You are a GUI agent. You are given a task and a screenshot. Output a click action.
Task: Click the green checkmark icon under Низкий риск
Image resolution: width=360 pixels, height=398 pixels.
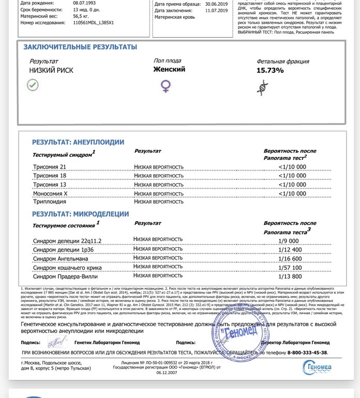[33, 84]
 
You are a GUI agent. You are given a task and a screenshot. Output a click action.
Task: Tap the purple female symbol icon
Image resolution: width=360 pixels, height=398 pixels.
[166, 86]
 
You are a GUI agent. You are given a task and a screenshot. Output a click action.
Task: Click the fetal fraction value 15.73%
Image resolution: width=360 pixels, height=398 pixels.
[270, 70]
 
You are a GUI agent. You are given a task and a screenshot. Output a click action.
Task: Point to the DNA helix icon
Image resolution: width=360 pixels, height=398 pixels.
[264, 87]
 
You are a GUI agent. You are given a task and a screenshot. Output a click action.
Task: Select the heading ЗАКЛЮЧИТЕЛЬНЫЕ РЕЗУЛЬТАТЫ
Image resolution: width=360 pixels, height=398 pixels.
[80, 47]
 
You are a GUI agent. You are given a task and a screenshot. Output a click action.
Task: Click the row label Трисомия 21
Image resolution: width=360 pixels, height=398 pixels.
[50, 166]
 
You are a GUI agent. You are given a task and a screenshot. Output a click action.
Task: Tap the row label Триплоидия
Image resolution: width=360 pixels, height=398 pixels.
[49, 202]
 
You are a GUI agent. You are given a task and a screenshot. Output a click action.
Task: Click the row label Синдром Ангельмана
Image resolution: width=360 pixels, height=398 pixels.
[64, 258]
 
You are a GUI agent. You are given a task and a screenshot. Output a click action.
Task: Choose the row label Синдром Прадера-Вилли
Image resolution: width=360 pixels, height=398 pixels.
[65, 277]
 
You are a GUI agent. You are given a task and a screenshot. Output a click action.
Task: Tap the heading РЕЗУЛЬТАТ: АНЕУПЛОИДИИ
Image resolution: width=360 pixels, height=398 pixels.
[78, 142]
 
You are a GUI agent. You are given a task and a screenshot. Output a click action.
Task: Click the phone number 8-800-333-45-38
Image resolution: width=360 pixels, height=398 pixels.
[301, 353]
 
